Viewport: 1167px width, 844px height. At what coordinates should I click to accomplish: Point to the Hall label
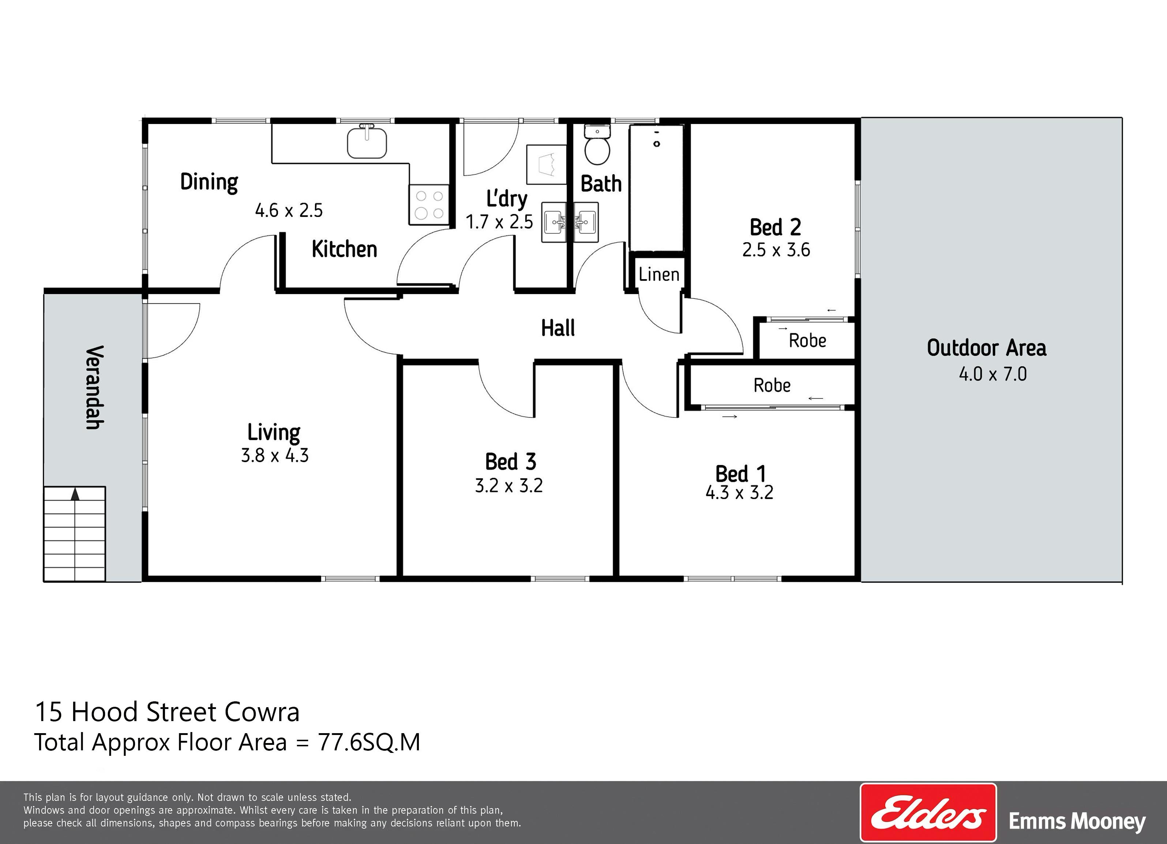(558, 328)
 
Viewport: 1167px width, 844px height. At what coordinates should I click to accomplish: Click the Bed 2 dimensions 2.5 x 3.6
(776, 250)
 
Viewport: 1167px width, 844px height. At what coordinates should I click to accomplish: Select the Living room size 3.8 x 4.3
(275, 455)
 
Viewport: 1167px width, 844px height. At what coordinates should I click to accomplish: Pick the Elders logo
(928, 813)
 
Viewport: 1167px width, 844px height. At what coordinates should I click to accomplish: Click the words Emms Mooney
(1077, 822)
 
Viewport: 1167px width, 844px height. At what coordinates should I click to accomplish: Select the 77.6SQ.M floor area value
(369, 742)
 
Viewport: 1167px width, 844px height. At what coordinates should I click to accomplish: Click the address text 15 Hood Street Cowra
(167, 712)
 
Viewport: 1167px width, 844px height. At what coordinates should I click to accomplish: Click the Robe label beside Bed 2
(807, 340)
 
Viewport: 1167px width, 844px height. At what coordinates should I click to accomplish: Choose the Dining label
(209, 182)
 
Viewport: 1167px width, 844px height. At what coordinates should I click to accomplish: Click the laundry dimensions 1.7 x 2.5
(499, 222)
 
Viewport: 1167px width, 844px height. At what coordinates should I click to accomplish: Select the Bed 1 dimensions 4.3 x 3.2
(739, 493)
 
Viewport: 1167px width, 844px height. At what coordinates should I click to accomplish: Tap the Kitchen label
(344, 249)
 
